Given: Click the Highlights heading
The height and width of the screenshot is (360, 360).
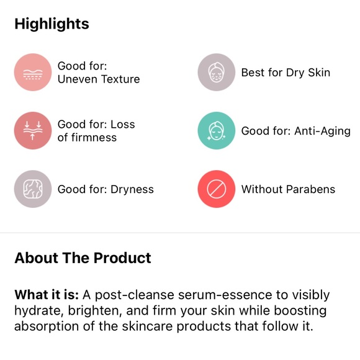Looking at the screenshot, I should coord(52,24).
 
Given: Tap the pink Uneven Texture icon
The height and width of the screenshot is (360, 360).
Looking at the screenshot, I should coord(32,73).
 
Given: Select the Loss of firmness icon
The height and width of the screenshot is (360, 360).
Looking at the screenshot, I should coord(32,131).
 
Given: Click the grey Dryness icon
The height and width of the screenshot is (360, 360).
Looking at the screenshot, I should coord(32,189).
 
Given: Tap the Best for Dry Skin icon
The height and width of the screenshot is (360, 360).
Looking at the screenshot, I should coord(216,73).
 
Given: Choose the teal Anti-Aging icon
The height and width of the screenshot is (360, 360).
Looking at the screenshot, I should coord(216,131).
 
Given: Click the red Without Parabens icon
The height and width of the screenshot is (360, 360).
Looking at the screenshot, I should coord(216,189).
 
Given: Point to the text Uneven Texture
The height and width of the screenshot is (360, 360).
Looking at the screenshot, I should coord(99,79).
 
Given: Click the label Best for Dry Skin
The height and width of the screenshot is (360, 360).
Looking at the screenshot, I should coord(286,73).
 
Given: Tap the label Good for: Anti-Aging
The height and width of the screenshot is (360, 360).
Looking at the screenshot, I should coord(295,131).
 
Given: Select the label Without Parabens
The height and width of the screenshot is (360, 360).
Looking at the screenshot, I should coord(288,189).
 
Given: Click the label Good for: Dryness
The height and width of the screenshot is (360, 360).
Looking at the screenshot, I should coord(106,189).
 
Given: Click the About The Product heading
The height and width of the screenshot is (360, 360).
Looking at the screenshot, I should coord(83,258).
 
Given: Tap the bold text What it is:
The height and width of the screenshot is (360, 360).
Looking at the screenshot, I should coord(43,295).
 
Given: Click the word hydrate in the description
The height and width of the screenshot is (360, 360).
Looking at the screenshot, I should coord(35,310).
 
